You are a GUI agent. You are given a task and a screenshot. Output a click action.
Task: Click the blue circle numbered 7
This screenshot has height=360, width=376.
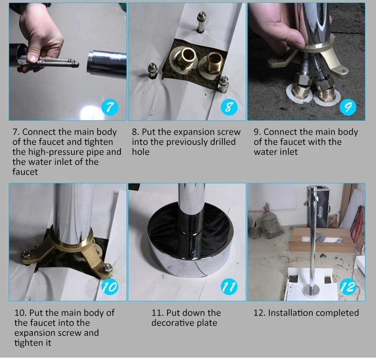pos(110,107)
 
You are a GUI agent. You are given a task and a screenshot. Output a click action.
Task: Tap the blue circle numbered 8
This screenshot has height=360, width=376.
pos(229,107)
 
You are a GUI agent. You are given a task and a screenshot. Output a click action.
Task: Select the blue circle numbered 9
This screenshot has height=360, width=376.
pos(348,107)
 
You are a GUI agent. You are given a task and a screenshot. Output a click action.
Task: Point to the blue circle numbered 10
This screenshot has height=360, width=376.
pos(110,287)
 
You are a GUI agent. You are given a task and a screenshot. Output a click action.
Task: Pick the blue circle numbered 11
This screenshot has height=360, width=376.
pos(229,287)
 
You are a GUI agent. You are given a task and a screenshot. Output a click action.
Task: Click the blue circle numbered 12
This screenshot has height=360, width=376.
pos(348,287)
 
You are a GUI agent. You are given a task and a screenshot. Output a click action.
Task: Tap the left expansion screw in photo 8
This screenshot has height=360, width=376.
pos(152,70)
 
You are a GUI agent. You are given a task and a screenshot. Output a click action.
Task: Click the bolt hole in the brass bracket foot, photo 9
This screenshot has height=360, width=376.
pos(343,71)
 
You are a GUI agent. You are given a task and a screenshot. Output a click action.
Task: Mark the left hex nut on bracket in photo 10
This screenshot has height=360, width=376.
pos(25,253)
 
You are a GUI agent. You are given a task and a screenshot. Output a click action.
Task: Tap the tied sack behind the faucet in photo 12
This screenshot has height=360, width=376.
pos(270,222)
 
